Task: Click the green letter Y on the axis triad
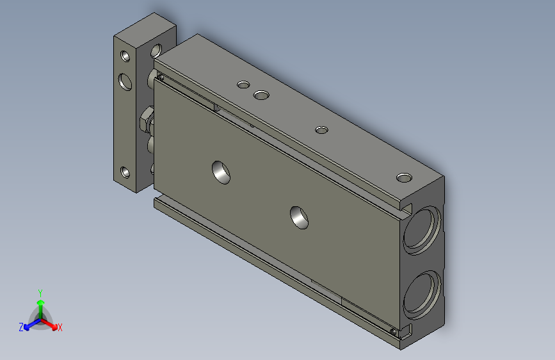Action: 40,292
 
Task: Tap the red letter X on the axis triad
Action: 60,327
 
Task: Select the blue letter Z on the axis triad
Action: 21,327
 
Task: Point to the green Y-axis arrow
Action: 40,305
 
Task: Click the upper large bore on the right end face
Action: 422,227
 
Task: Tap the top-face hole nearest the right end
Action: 404,177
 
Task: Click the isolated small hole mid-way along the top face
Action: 321,130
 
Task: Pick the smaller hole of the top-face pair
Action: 243,84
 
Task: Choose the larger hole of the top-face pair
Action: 261,95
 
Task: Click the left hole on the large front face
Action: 221,171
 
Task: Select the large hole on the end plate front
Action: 125,81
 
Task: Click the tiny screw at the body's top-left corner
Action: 161,78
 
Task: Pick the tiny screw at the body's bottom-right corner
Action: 393,331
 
